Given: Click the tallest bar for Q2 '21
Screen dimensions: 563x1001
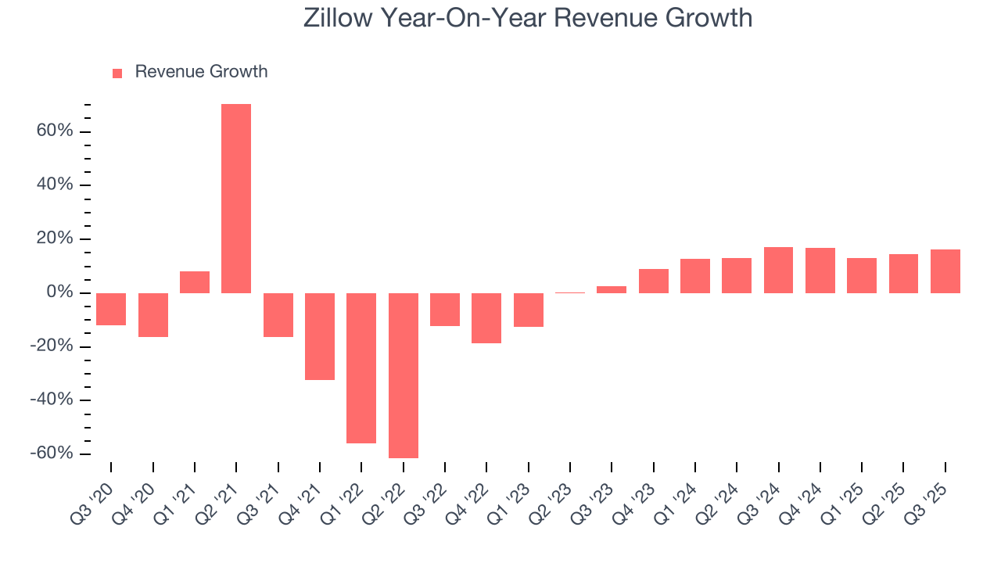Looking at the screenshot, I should click(x=236, y=199).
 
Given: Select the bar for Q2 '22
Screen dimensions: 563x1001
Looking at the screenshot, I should click(x=404, y=375).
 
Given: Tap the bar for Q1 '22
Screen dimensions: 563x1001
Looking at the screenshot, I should click(x=361, y=368).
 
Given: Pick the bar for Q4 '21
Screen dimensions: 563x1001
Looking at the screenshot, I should click(x=320, y=336).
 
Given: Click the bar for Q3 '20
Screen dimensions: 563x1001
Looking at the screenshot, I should click(x=111, y=309).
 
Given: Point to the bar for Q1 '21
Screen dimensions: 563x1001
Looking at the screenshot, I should click(x=195, y=282).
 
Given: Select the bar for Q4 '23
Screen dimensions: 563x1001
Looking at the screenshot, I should click(x=654, y=281).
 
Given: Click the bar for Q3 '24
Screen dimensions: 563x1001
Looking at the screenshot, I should click(x=779, y=271).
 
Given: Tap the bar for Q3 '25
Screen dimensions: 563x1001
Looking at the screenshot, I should click(x=945, y=271).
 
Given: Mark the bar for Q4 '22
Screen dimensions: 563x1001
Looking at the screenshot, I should click(x=486, y=318).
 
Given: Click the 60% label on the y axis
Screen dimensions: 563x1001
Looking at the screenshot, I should click(x=54, y=131).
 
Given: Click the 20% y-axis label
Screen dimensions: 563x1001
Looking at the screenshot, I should click(x=54, y=239).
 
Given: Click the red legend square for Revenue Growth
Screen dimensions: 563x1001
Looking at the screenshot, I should click(x=117, y=73).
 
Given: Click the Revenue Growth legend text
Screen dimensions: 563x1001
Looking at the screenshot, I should click(x=201, y=72).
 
